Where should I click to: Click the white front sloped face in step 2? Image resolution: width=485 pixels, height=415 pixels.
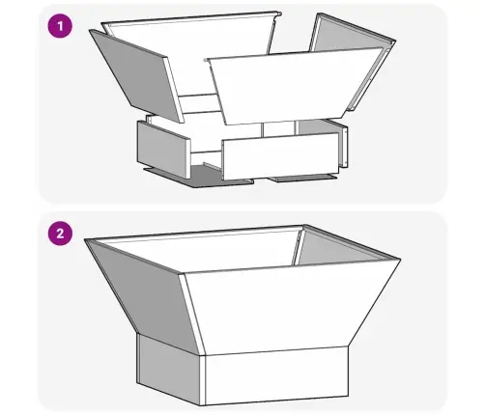(x=290, y=309)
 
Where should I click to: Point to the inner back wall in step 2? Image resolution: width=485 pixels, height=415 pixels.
(x=203, y=246)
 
